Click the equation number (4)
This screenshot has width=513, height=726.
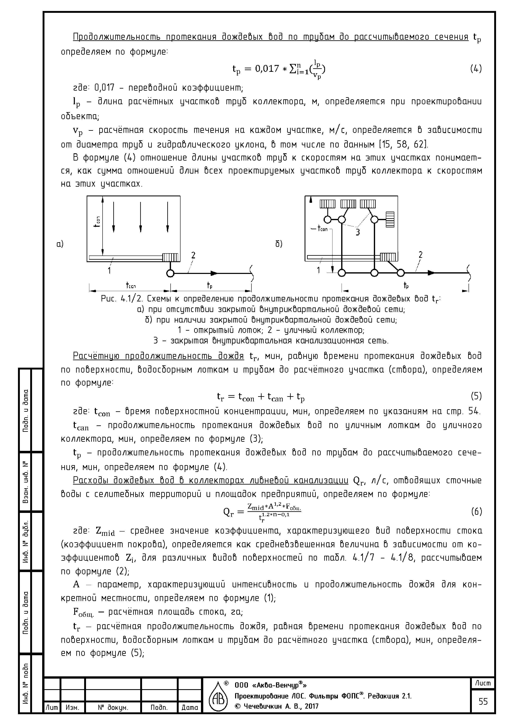pos(476,69)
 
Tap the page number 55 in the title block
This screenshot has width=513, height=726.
pos(483,702)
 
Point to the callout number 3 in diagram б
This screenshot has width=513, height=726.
pos(358,232)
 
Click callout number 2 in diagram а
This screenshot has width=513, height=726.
pos(193,255)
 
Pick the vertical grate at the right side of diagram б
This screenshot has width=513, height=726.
pos(390,219)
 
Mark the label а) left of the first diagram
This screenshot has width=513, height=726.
pos(60,244)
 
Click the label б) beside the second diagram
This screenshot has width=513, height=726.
pos(279,244)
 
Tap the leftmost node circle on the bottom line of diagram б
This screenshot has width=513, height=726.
pos(342,273)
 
